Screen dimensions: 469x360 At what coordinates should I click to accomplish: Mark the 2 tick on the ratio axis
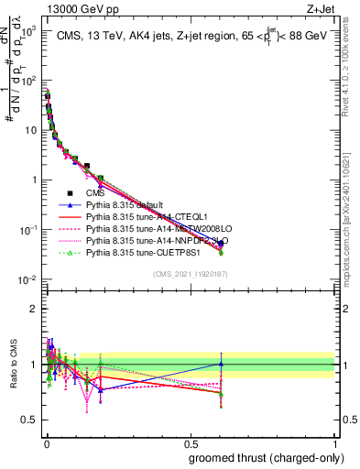tap(35, 309)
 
